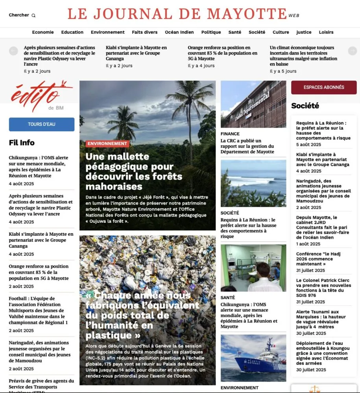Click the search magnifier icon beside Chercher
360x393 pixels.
[x=33, y=16]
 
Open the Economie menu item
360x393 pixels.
[x=43, y=32]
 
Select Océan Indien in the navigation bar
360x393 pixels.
[x=179, y=32]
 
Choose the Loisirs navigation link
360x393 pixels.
[x=326, y=32]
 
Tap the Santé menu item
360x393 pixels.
[x=235, y=32]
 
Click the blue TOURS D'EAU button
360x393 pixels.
[x=42, y=124]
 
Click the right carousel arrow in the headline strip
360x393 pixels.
[x=353, y=51]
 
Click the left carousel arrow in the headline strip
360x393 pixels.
[x=13, y=51]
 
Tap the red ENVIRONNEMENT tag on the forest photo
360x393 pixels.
[x=107, y=144]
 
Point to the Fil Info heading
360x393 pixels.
[x=22, y=143]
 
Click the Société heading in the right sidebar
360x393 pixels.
[x=305, y=106]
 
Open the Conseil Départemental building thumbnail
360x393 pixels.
[x=253, y=104]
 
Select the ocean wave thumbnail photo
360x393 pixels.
[x=253, y=183]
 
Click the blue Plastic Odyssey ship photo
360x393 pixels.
[x=253, y=358]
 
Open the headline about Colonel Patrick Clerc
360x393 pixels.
[x=323, y=285]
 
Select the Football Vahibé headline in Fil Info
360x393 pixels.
[x=39, y=310]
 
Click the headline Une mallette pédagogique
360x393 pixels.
[x=134, y=171]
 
